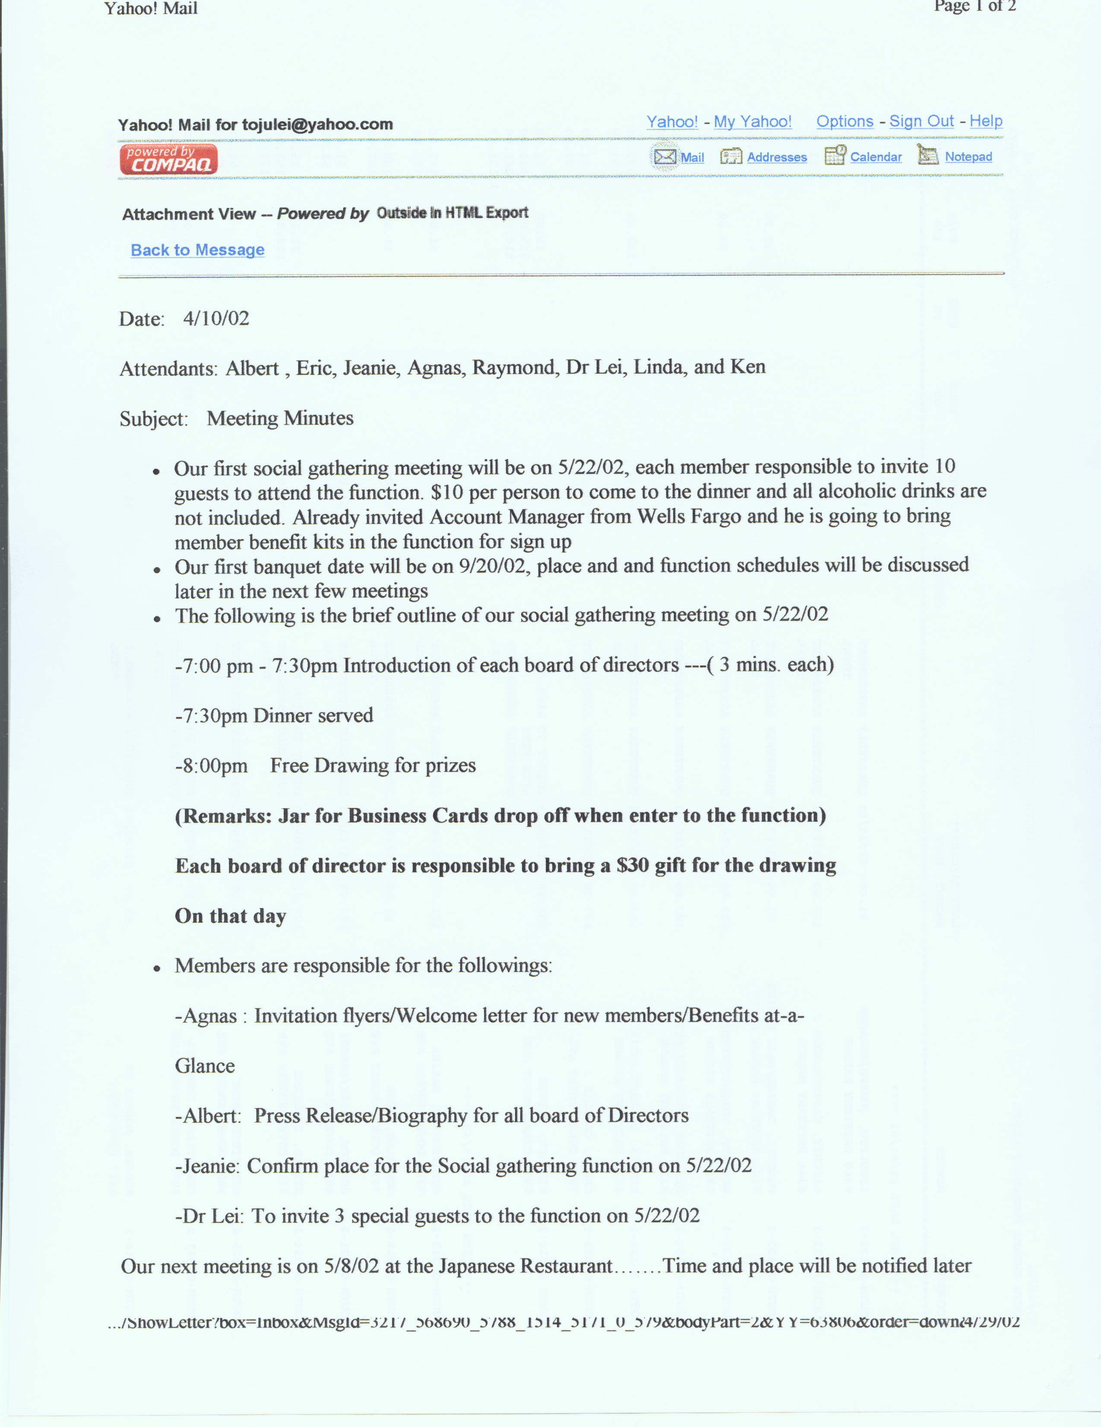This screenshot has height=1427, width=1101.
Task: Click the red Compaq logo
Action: click(x=168, y=160)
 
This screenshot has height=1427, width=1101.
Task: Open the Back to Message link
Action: click(x=197, y=250)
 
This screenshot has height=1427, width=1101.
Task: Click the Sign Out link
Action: click(x=921, y=122)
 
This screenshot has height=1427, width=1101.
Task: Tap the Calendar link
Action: click(x=876, y=157)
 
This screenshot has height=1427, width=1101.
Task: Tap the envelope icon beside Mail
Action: click(x=664, y=157)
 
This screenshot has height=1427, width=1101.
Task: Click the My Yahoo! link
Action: click(x=752, y=122)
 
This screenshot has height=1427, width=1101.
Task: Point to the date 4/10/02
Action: click(x=215, y=319)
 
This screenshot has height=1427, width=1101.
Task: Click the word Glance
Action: click(x=205, y=1066)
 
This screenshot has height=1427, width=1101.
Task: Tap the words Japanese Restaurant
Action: click(x=525, y=1266)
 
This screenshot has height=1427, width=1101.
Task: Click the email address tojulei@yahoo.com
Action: click(x=317, y=125)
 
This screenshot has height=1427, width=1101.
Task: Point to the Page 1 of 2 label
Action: click(x=975, y=6)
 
